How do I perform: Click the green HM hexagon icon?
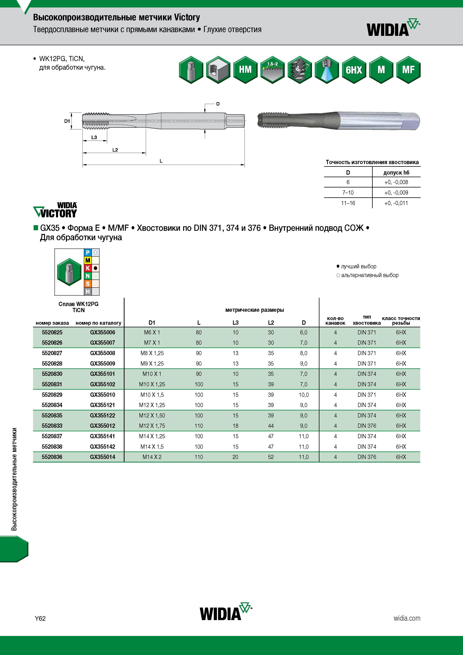tap(245, 70)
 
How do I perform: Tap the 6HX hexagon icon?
tap(354, 70)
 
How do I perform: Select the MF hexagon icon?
tap(408, 70)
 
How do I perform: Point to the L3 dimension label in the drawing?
tap(94, 137)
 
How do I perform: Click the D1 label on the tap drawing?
tap(67, 121)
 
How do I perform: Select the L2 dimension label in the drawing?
tap(115, 150)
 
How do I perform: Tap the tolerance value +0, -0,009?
tap(396, 193)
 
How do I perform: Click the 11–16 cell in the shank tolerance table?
tap(348, 203)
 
